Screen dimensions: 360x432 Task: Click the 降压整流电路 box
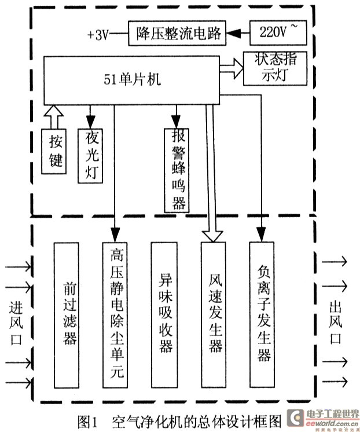(x=177, y=33)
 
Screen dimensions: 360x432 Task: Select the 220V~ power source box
(x=278, y=32)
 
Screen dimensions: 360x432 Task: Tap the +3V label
(x=98, y=35)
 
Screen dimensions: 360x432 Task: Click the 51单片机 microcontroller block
(x=131, y=80)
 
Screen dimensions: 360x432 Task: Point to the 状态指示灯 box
(x=275, y=68)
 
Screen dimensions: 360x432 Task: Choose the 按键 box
(x=54, y=151)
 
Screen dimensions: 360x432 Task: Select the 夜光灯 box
(x=90, y=156)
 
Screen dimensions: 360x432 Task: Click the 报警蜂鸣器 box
(x=177, y=170)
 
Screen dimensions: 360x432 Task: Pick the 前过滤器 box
(x=67, y=315)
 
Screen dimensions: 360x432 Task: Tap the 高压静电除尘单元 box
(x=115, y=315)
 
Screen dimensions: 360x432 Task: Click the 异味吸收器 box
(x=164, y=315)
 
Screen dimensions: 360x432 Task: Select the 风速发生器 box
(x=214, y=315)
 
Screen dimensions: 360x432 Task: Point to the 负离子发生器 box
(x=262, y=314)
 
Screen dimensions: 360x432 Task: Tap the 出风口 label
(x=335, y=323)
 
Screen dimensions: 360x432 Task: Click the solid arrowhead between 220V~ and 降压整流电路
(x=234, y=34)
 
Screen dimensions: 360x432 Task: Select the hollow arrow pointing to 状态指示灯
(x=232, y=68)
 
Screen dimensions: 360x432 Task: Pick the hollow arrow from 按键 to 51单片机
(x=54, y=117)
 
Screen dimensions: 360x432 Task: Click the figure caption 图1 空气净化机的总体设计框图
(x=179, y=421)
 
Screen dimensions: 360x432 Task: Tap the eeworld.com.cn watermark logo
(x=323, y=419)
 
